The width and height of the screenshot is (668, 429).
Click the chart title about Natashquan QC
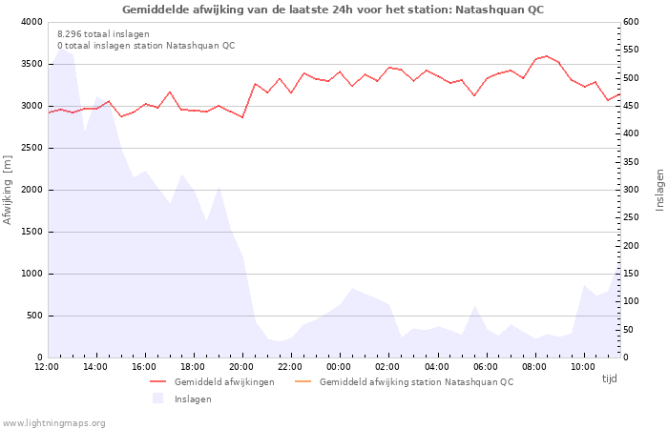[333, 10]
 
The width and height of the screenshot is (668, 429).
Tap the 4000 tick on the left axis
[31, 22]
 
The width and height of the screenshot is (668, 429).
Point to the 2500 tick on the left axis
[31, 148]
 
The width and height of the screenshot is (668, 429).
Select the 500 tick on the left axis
[33, 316]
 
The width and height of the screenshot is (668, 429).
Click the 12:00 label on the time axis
[47, 367]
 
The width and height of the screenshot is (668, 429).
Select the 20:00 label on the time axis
[241, 367]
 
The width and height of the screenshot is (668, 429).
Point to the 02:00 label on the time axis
[387, 367]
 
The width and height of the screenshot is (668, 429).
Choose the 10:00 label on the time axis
[582, 367]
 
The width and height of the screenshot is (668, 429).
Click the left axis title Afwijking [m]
[9, 190]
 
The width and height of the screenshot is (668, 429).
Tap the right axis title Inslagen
[659, 190]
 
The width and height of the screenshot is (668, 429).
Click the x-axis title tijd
[609, 378]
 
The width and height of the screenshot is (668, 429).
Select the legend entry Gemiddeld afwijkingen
[224, 382]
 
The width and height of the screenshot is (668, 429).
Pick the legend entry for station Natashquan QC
[416, 382]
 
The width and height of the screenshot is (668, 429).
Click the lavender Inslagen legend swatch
[158, 398]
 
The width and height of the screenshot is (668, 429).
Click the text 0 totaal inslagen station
[145, 46]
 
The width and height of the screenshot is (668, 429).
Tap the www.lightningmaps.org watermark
[54, 423]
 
